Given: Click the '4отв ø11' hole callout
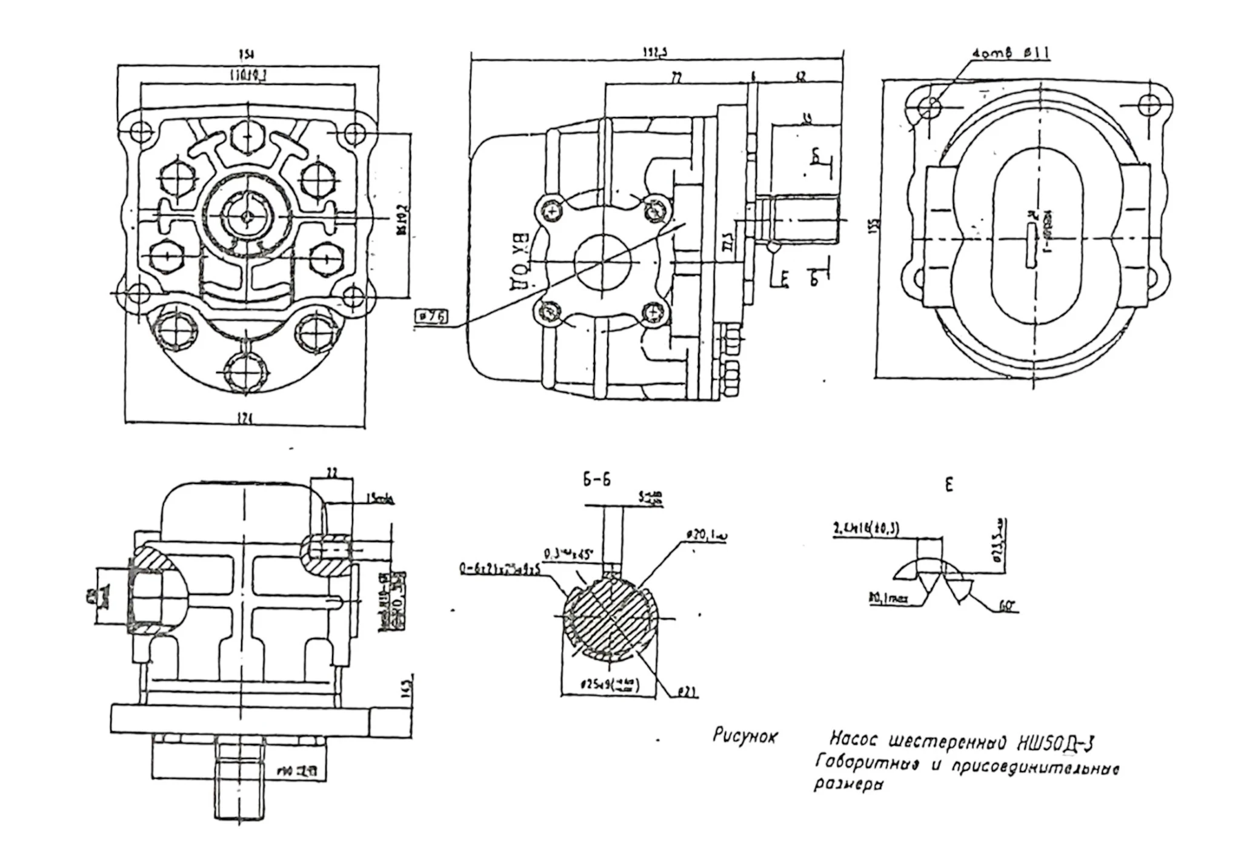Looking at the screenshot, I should pos(1010,54).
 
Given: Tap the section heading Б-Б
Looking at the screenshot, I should pos(597,480).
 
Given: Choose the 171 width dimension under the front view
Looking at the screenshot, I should pos(245,419).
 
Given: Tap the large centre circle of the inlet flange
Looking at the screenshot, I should pos(602,262).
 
